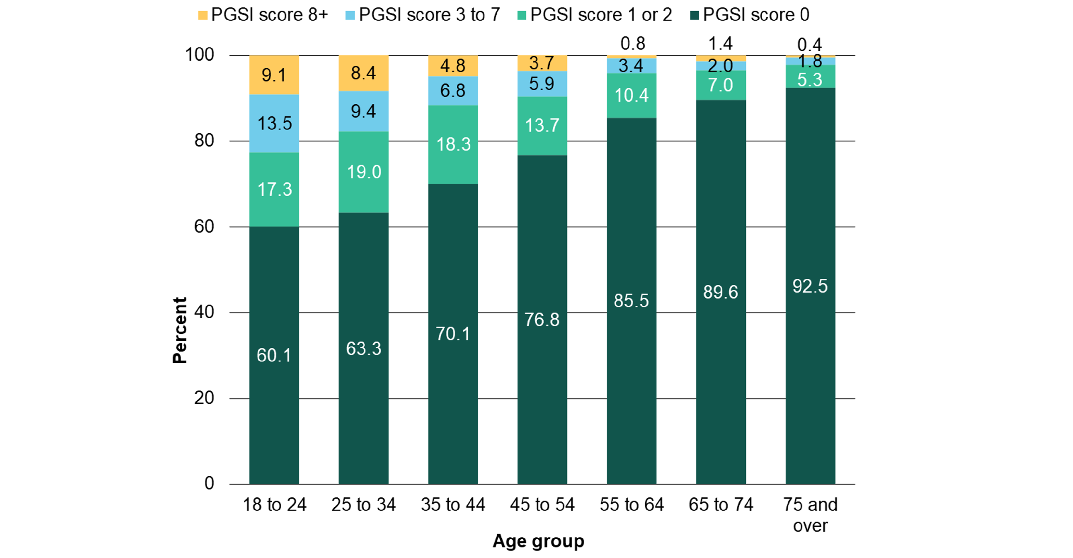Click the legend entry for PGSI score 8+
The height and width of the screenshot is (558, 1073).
[x=263, y=15]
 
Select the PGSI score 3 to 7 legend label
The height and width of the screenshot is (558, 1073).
[x=423, y=15]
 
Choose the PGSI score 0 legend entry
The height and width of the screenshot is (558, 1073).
[x=750, y=15]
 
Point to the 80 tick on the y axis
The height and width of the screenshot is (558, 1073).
[x=204, y=141]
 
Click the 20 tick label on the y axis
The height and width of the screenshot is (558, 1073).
[x=204, y=398]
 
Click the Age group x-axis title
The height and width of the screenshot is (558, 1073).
[x=538, y=541]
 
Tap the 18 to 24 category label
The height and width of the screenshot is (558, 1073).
[x=274, y=505]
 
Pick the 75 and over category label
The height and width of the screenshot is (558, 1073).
[x=810, y=515]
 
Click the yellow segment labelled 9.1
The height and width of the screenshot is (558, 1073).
[x=274, y=75]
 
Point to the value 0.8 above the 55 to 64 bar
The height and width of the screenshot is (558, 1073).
[x=633, y=44]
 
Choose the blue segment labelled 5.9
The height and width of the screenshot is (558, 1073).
[x=542, y=84]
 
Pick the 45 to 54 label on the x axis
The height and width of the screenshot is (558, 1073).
[x=542, y=505]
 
